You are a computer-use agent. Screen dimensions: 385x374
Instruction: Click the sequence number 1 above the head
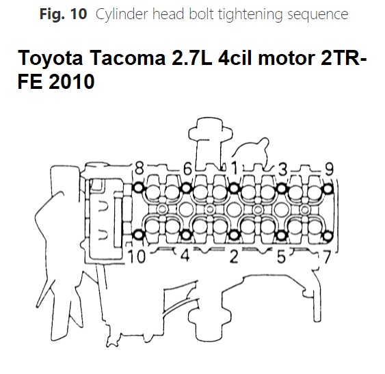pos(235,168)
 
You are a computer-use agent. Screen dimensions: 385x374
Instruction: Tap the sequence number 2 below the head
pos(234,256)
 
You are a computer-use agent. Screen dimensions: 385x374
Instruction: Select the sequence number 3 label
pos(283,169)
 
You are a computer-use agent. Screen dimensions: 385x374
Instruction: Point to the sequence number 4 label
pos(185,256)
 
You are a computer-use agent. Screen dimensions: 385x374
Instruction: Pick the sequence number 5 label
pos(281,256)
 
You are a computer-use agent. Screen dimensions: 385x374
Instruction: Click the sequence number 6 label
pos(187,169)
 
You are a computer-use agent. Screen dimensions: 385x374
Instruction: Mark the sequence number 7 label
pos(327,257)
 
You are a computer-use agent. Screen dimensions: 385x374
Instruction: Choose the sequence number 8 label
pos(140,168)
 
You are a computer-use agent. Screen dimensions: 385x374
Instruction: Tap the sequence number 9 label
pos(329,169)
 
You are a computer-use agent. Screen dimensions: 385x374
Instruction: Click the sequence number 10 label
pos(137,256)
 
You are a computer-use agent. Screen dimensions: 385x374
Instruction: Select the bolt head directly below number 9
pos(328,189)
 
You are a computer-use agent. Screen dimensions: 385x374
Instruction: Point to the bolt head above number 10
pos(139,235)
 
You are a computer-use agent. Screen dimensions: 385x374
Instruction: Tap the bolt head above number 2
pos(234,235)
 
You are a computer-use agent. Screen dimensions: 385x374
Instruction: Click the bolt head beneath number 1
pos(234,188)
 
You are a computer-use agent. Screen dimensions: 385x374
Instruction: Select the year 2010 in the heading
pos(72,81)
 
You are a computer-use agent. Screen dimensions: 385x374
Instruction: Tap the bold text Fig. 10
pos(63,14)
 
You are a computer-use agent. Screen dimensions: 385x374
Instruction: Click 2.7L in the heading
pos(191,58)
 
